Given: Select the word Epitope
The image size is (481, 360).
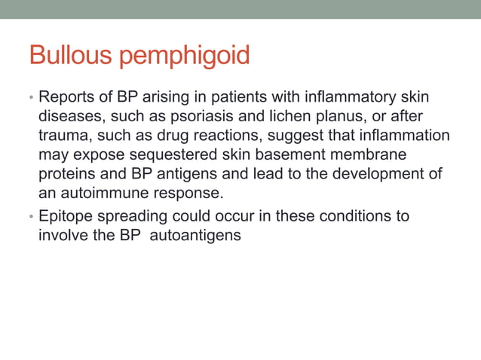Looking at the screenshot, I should click(x=66, y=216).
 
